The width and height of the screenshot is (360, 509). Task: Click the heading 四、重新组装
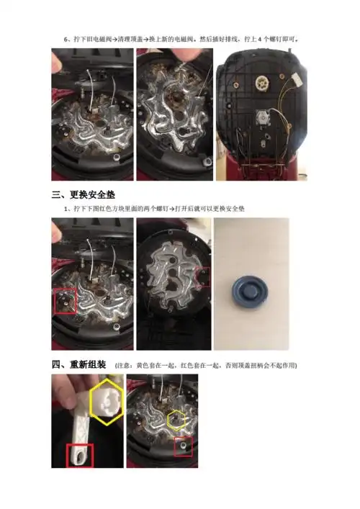click(x=79, y=365)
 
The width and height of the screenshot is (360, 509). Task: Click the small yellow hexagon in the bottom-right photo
click(x=176, y=418)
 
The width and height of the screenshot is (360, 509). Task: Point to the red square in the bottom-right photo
click(x=184, y=446)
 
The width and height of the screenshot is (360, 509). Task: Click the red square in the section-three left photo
click(x=65, y=302)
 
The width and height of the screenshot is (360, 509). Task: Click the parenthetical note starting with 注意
click(x=205, y=366)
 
